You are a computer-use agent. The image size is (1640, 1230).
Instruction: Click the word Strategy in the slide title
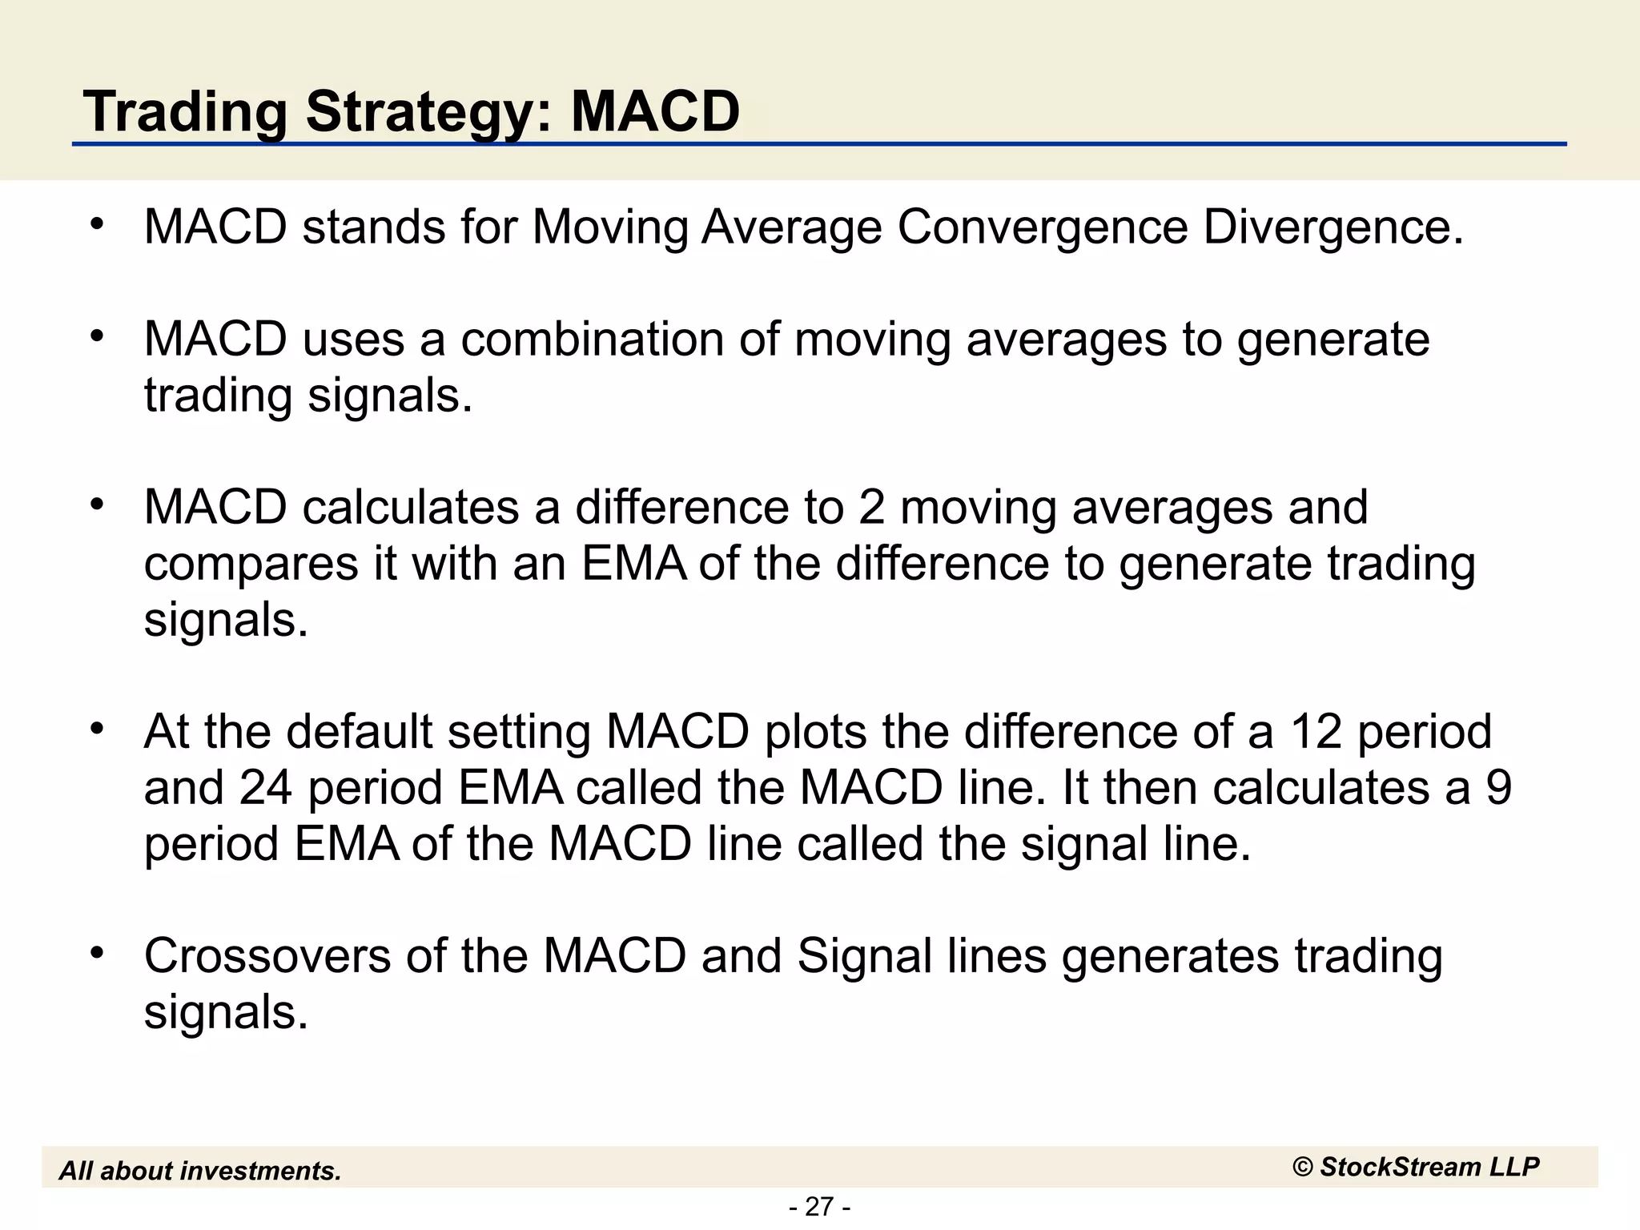pyautogui.click(x=416, y=112)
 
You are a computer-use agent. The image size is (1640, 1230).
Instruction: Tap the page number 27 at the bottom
pyautogui.click(x=819, y=1206)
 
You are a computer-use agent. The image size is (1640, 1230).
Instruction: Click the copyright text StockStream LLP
pyautogui.click(x=1416, y=1167)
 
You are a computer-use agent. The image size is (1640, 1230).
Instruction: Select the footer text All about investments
pyautogui.click(x=200, y=1171)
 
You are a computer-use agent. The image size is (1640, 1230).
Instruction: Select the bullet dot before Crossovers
pyautogui.click(x=97, y=953)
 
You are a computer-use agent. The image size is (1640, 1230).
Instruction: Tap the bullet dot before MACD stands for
pyautogui.click(x=97, y=224)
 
